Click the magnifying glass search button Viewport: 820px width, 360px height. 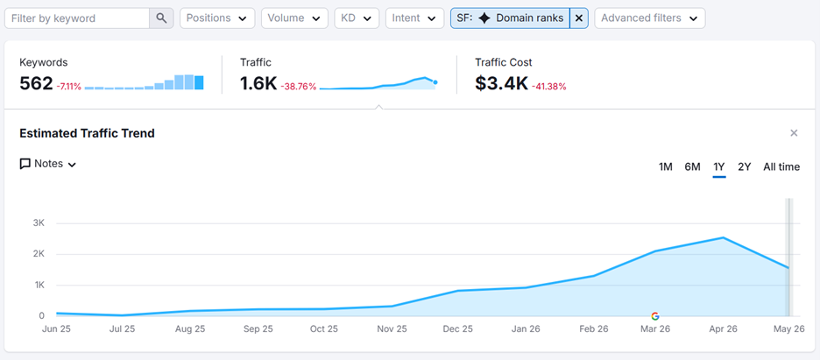161,18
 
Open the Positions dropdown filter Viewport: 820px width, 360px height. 217,18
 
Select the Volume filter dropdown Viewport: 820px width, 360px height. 294,18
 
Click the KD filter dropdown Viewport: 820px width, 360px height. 357,18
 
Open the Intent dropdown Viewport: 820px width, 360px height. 414,18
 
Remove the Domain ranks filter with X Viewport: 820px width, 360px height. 579,18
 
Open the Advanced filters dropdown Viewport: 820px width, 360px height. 649,18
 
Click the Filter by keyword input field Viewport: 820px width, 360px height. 77,18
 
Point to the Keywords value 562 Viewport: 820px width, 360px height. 36,83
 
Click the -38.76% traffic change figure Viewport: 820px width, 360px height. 299,87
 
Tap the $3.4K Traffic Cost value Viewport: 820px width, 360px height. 501,83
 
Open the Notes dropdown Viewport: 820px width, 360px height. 48,164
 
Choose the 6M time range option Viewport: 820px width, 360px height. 692,167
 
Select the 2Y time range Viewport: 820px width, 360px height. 744,167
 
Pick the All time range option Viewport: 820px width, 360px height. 781,167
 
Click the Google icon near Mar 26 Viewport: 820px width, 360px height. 654,316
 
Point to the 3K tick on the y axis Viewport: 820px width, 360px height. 39,223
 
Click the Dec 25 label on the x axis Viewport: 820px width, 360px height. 458,329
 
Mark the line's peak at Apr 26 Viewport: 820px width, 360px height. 724,237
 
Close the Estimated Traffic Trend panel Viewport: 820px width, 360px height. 794,133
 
